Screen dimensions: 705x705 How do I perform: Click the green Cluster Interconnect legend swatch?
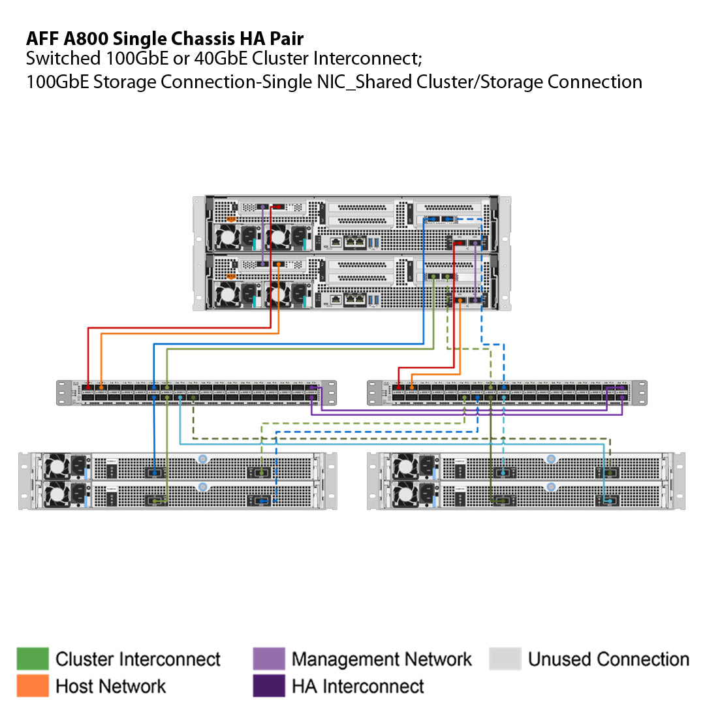pyautogui.click(x=33, y=659)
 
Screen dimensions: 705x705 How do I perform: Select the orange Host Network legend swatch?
pyautogui.click(x=33, y=685)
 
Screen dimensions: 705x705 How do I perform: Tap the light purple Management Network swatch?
pyautogui.click(x=268, y=659)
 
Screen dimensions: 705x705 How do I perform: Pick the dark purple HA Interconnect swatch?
pyautogui.click(x=268, y=685)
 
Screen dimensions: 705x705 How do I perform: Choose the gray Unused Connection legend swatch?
pyautogui.click(x=505, y=659)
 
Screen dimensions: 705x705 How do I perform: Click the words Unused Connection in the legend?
pyautogui.click(x=608, y=659)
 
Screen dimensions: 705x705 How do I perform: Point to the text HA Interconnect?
pyautogui.click(x=358, y=686)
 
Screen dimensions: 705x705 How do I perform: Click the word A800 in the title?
pyautogui.click(x=90, y=39)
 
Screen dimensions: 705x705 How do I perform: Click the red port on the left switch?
pyautogui.click(x=88, y=387)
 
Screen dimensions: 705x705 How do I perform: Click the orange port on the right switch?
pyautogui.click(x=412, y=387)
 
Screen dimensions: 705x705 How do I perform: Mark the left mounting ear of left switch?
pyautogui.click(x=64, y=392)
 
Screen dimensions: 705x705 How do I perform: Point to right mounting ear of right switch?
pyautogui.click(x=640, y=392)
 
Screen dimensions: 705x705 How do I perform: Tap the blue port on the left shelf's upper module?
pyautogui.click(x=154, y=471)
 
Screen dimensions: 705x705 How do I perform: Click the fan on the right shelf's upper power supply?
pyautogui.click(x=405, y=465)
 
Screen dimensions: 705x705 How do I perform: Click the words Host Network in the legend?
pyautogui.click(x=111, y=686)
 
